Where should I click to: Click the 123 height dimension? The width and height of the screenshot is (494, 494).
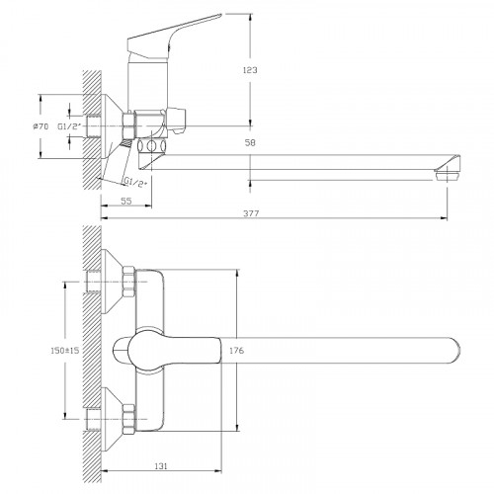(250, 70)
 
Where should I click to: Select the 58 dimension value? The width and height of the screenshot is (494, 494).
(250, 143)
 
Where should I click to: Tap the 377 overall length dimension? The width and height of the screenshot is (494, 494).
(251, 213)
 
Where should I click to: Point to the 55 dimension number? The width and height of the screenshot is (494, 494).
(126, 201)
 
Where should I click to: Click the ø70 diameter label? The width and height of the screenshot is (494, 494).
(41, 126)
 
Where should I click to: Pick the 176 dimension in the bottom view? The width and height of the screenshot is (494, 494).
(236, 351)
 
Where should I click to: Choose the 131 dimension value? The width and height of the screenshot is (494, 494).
(161, 466)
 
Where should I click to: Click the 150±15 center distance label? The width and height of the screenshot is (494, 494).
(65, 351)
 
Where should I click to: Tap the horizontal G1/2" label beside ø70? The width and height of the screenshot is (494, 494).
(69, 126)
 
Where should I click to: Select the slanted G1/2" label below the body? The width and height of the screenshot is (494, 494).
(135, 182)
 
